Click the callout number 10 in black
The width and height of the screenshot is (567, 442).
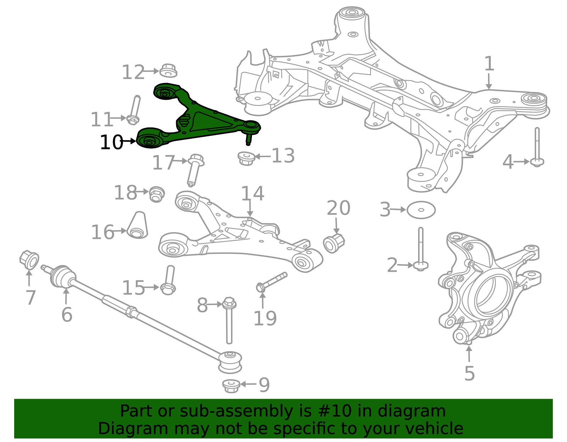(111, 142)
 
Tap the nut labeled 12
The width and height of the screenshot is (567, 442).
(168, 70)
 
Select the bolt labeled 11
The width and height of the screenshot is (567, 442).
(134, 110)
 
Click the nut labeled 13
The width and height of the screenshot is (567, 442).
(246, 158)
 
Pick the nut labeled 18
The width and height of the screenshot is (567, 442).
(157, 194)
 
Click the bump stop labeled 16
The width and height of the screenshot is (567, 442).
(137, 225)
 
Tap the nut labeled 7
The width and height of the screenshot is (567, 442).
(29, 260)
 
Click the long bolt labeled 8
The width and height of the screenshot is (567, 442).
(229, 320)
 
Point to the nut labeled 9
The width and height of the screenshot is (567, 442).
(231, 386)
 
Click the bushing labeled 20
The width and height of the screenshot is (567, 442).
(334, 243)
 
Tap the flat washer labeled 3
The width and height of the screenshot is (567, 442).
(421, 210)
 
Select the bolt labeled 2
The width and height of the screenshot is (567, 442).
(421, 249)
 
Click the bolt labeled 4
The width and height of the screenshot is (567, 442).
(537, 148)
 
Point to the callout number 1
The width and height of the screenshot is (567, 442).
(489, 64)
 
